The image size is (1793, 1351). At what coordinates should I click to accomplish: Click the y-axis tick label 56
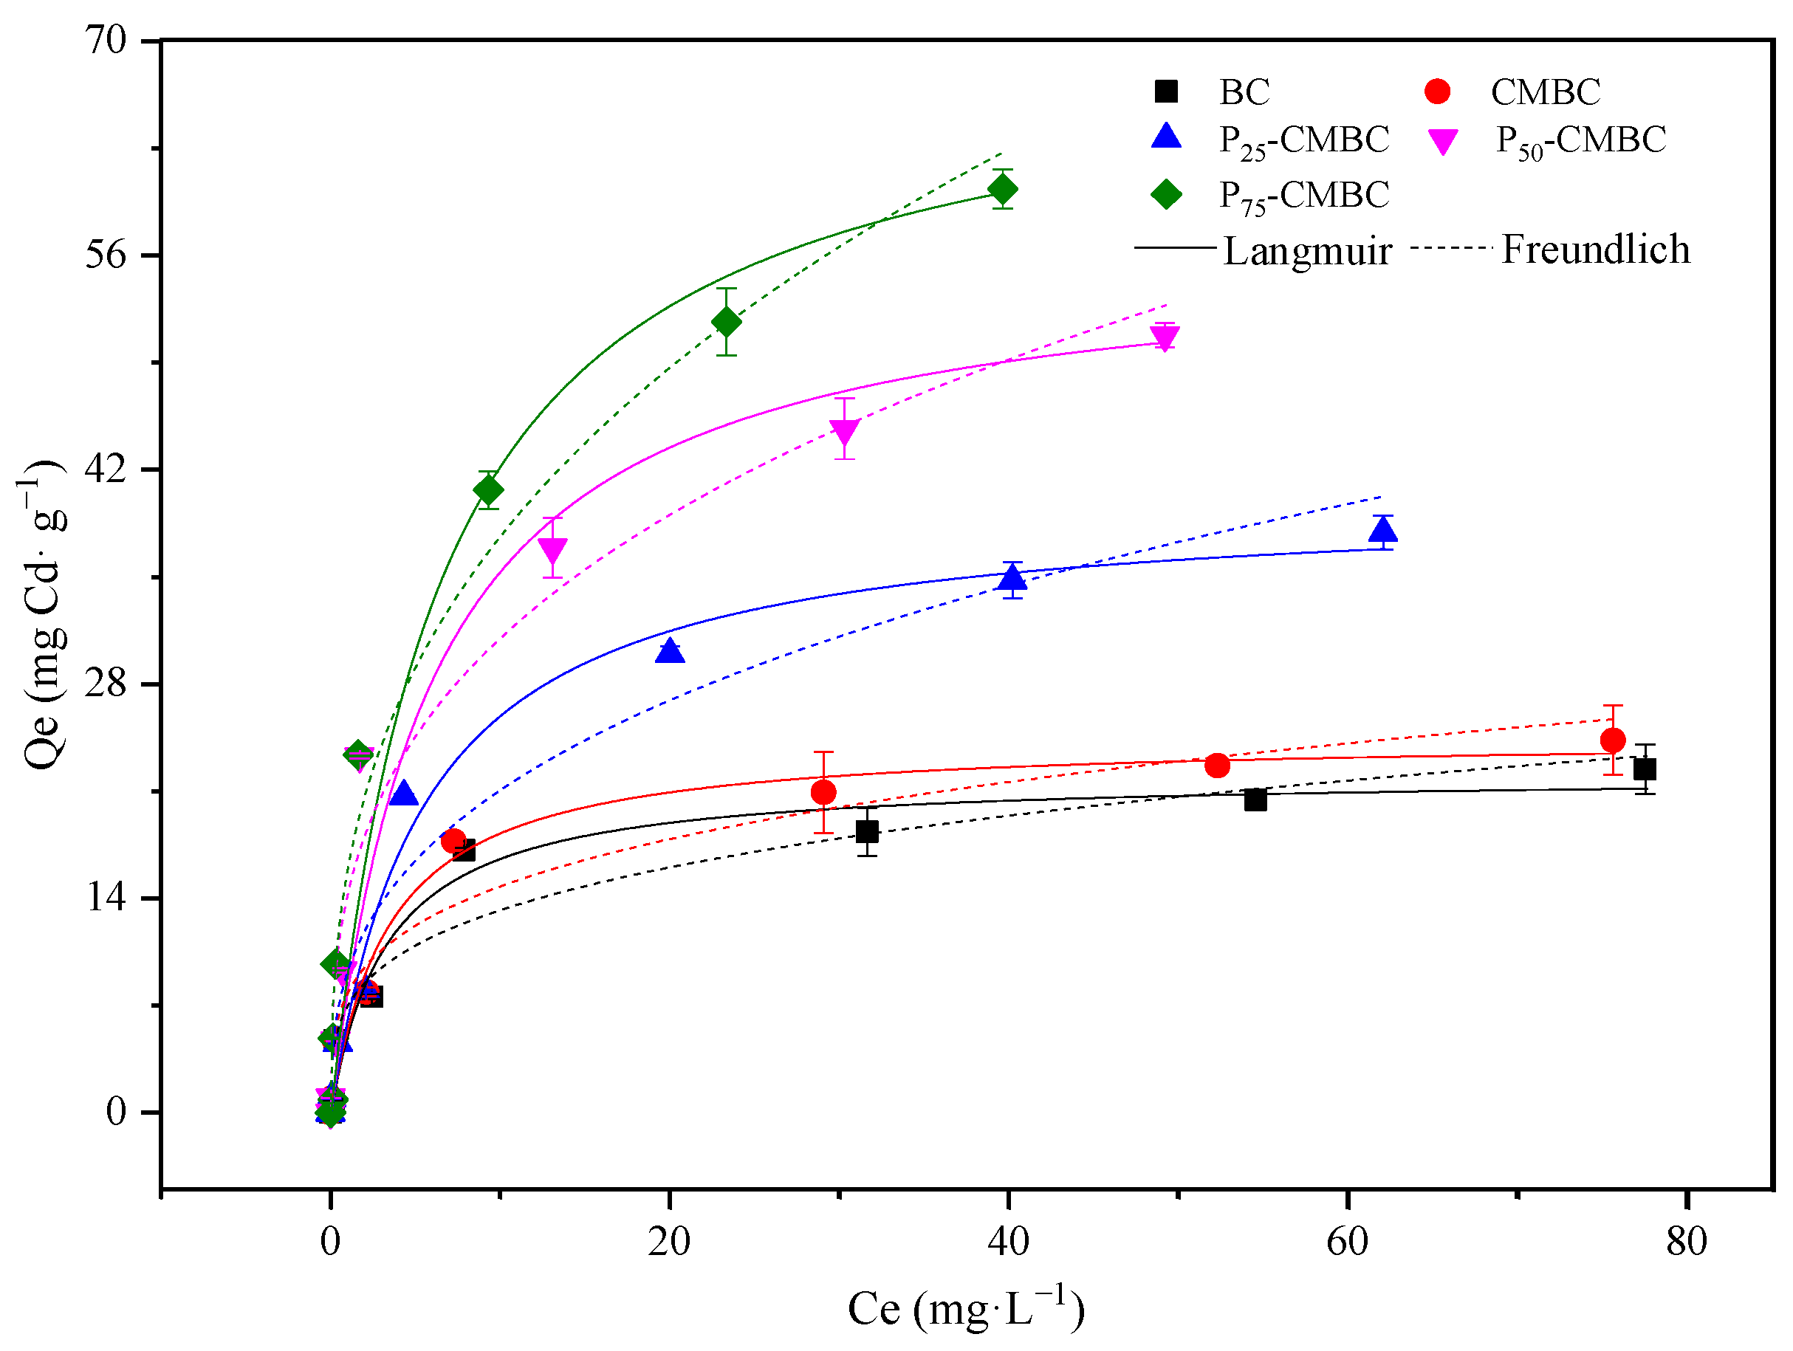click(106, 255)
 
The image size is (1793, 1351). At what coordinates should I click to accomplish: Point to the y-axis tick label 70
click(106, 40)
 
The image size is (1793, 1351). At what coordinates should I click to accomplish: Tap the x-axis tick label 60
click(1347, 1242)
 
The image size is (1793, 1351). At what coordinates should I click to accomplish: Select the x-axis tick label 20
click(669, 1242)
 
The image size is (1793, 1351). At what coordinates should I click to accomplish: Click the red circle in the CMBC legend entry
click(1437, 92)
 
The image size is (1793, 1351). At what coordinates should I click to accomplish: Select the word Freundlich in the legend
click(1595, 249)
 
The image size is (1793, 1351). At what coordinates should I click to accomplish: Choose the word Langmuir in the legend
click(1306, 250)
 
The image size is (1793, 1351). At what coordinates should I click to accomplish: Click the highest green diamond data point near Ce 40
click(1003, 190)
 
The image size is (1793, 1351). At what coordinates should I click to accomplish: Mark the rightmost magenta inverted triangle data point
click(1165, 337)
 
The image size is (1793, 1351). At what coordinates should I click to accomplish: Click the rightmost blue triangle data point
click(1383, 531)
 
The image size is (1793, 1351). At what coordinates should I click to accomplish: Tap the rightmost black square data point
click(1645, 769)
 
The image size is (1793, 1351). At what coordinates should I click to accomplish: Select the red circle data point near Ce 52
click(1217, 765)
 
